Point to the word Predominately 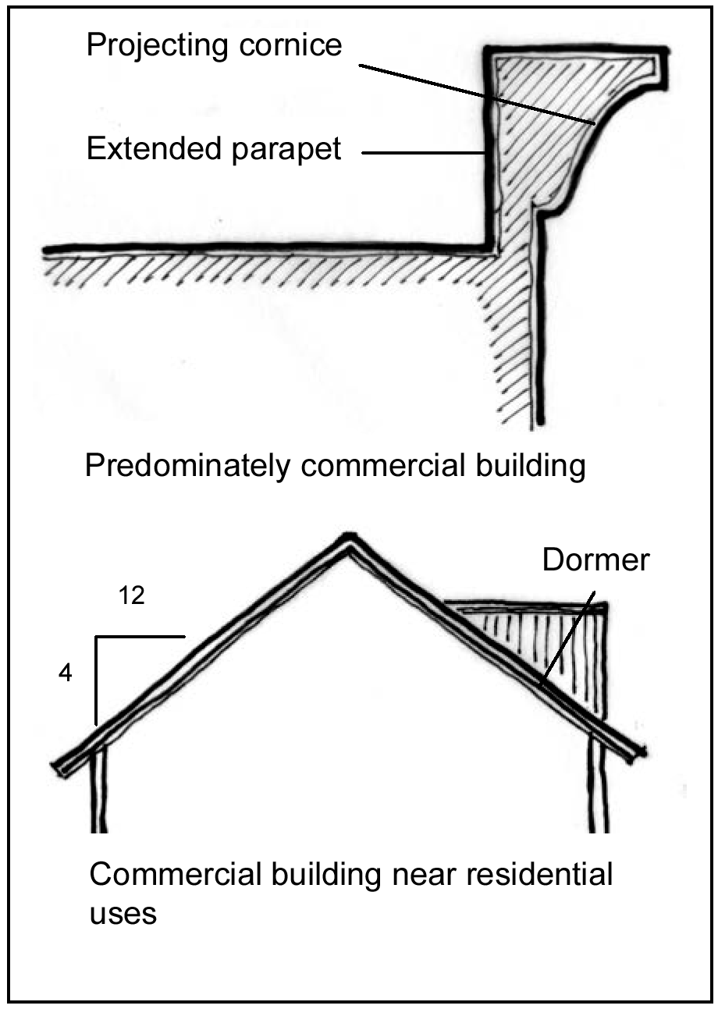pyautogui.click(x=187, y=467)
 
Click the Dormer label pyautogui.click(x=595, y=560)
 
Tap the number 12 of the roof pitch pyautogui.click(x=133, y=597)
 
